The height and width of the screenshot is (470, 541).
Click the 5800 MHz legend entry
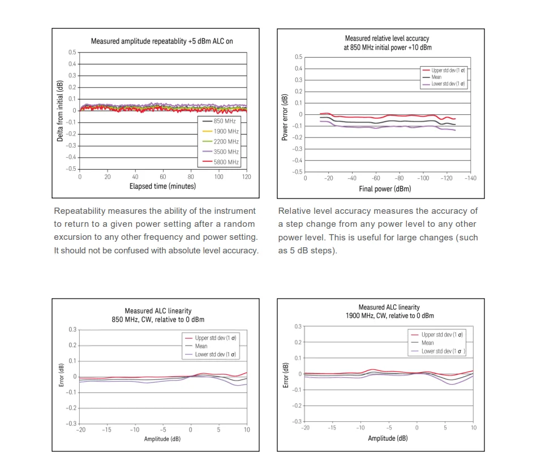pos(226,162)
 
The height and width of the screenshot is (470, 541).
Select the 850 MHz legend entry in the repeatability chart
pos(225,121)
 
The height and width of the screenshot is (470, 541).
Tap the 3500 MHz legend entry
pos(226,152)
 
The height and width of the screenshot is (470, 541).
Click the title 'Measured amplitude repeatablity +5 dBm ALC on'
pos(162,41)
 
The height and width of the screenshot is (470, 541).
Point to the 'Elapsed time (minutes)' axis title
pos(162,186)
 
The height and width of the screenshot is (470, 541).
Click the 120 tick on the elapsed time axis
pos(246,177)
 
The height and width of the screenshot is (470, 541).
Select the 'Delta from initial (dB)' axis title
pos(60,111)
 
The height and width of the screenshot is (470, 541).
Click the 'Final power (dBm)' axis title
pos(385,189)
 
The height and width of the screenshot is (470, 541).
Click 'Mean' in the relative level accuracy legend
pos(436,77)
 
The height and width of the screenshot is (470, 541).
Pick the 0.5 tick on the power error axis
pos(299,57)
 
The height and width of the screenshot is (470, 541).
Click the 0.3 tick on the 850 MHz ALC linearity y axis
pos(72,330)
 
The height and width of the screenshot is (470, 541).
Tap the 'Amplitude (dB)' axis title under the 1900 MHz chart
pos(388,438)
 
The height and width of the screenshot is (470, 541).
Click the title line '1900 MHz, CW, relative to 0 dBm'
pos(390,316)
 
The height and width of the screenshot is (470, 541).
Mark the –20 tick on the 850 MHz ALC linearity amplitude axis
pos(79,430)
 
